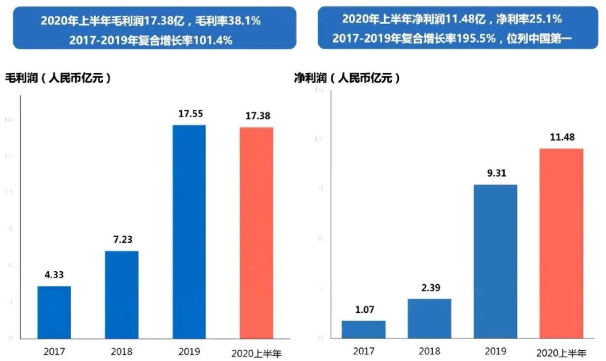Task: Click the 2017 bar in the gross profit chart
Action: point(54,312)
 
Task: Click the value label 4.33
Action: point(54,276)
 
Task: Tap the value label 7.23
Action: point(122,240)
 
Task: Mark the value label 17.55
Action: point(189,114)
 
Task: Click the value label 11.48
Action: point(562,137)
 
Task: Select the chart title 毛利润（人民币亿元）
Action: point(58,78)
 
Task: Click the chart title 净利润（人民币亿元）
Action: point(348,78)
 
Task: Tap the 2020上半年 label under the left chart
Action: point(256,354)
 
